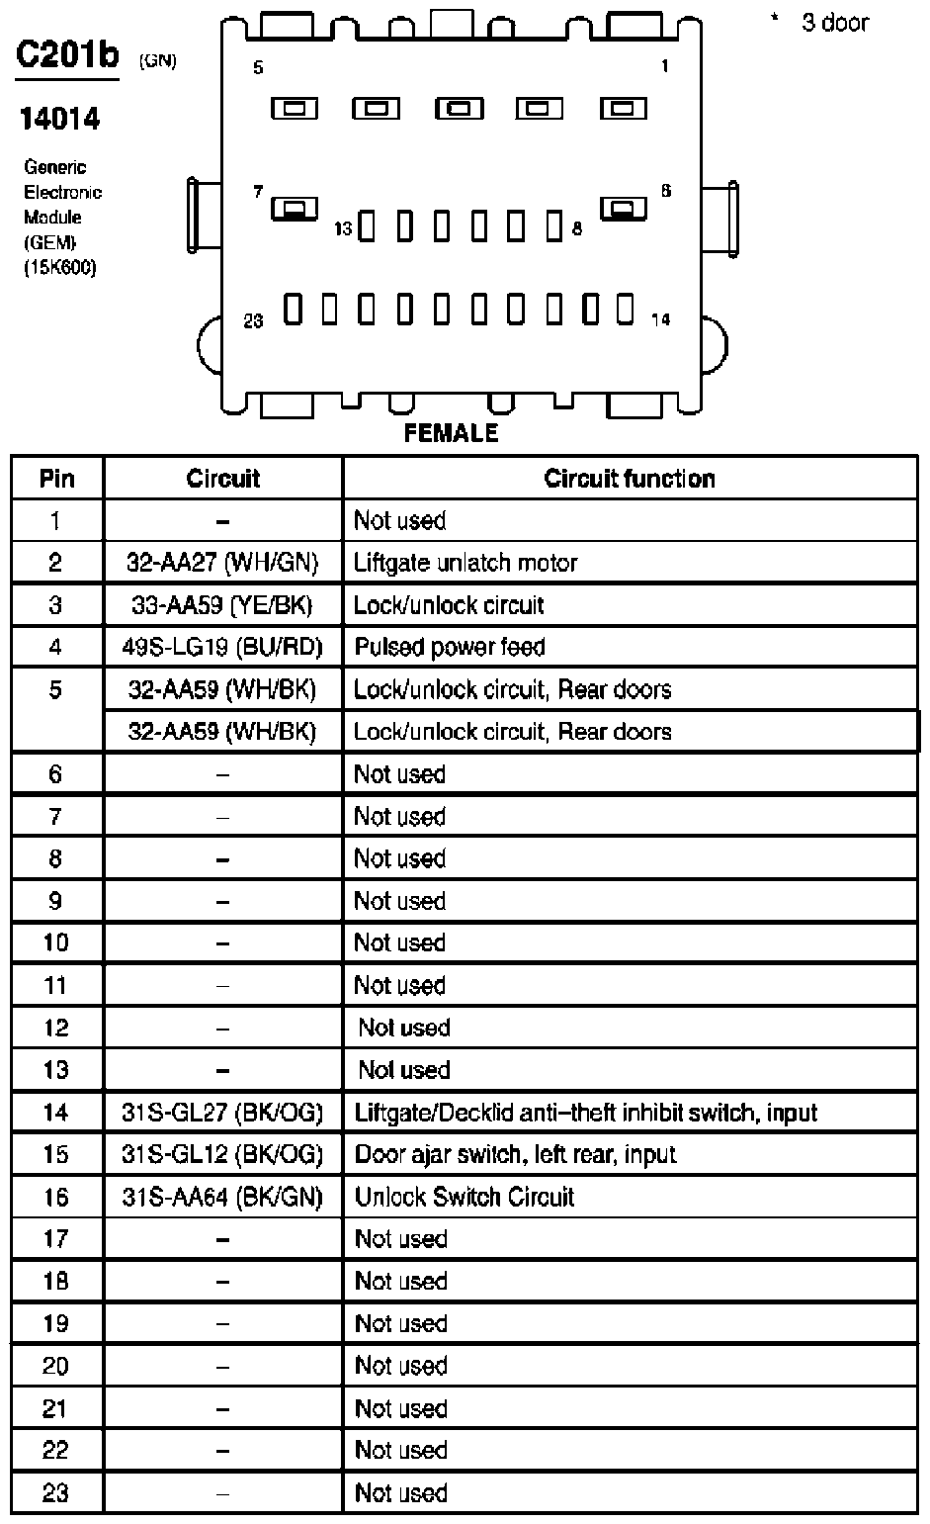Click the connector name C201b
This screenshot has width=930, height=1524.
point(66,55)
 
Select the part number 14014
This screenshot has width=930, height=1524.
point(60,119)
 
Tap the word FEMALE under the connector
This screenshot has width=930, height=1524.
point(451,433)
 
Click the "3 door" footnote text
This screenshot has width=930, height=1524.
point(834,22)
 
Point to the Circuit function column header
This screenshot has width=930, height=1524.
point(629,479)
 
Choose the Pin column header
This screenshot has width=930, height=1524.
point(56,479)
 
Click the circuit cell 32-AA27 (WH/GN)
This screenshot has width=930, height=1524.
point(222,563)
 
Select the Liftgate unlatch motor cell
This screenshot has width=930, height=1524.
point(465,563)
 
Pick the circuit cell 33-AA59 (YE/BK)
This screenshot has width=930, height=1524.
point(222,605)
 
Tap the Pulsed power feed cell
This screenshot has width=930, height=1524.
point(450,647)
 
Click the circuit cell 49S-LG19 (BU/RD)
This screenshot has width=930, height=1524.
point(222,647)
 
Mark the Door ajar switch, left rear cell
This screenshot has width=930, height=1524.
point(515,1154)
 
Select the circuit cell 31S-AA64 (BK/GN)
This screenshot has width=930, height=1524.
point(222,1197)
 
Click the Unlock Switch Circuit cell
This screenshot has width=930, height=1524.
point(465,1197)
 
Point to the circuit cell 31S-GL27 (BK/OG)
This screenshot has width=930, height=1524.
point(222,1112)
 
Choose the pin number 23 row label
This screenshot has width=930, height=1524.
point(56,1492)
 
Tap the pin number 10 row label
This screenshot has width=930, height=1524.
point(56,942)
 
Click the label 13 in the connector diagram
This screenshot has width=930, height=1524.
point(343,229)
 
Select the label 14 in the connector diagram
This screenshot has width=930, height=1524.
point(660,319)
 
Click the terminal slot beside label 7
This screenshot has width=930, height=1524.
point(294,208)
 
